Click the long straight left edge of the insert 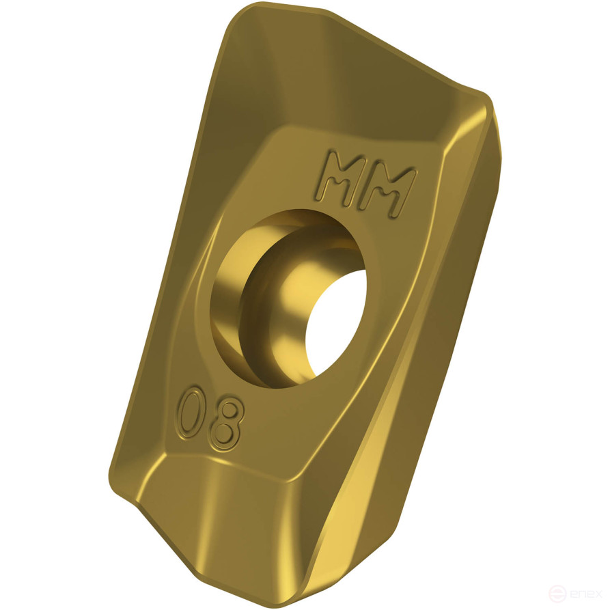click(x=164, y=260)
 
